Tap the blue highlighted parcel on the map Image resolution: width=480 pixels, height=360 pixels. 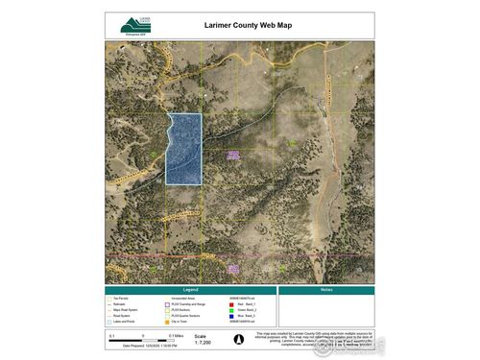(x=184, y=148)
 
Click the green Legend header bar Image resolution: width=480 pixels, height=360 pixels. (x=190, y=289)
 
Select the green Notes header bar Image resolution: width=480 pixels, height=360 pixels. (x=326, y=289)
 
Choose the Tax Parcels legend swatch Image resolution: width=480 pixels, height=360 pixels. (x=110, y=296)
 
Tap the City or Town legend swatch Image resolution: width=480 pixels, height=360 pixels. (x=167, y=316)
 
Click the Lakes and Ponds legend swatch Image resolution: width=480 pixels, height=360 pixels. (x=110, y=316)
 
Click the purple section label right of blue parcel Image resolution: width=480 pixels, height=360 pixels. (x=231, y=155)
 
